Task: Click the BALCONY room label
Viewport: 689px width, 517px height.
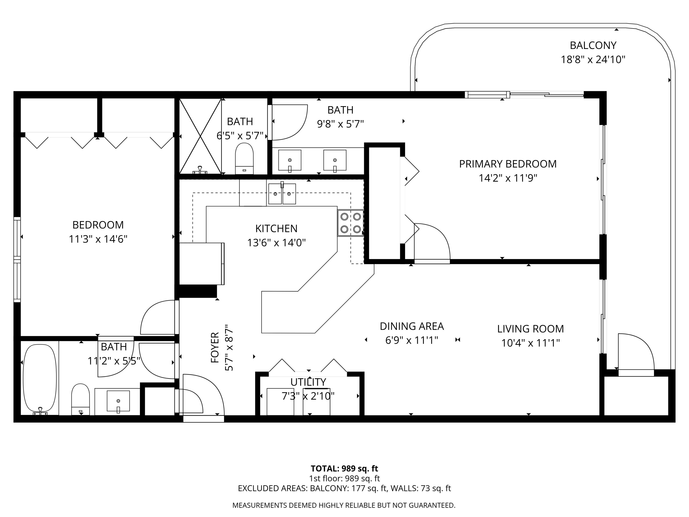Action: pos(593,45)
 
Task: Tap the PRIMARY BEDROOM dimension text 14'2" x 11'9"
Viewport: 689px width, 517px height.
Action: pos(508,178)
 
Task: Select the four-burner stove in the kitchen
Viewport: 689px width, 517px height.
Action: pos(350,223)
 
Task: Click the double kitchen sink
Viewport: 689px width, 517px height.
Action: pos(282,194)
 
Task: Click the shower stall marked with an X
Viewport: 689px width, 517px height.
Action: pos(200,136)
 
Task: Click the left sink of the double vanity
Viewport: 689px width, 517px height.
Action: pos(290,160)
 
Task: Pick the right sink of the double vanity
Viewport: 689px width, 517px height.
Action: pos(335,160)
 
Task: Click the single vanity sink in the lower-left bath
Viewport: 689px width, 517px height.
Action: pos(118,401)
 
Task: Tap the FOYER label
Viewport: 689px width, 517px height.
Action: pos(215,347)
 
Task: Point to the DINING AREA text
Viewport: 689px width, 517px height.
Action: pos(412,326)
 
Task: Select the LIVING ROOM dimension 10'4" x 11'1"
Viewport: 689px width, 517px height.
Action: pos(531,343)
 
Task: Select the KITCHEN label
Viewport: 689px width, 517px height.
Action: pos(276,228)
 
